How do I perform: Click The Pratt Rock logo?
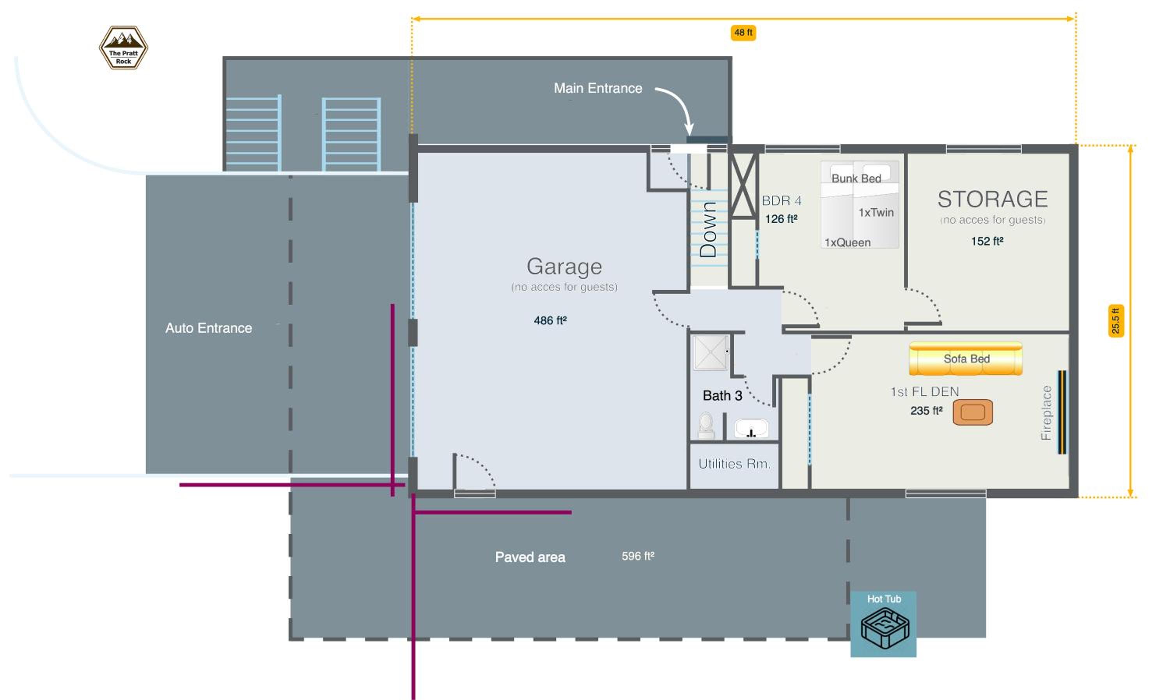(123, 48)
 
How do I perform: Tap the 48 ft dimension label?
(743, 33)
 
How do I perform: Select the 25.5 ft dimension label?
(1116, 321)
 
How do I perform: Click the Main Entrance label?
(598, 88)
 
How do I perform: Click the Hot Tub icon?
(885, 628)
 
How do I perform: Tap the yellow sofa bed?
(966, 359)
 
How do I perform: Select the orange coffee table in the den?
(973, 412)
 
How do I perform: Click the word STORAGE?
(993, 199)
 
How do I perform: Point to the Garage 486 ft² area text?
(550, 321)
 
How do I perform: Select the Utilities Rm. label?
(734, 464)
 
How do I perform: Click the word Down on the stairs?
(708, 229)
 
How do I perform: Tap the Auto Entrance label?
(209, 328)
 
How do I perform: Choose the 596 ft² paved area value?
(638, 556)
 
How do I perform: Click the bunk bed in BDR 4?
(860, 204)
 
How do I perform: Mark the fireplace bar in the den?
(1062, 412)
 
